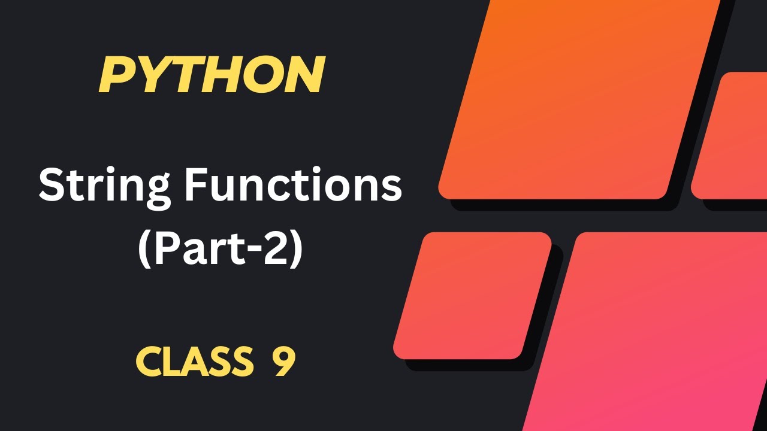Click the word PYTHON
pos(212,75)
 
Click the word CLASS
pos(194,362)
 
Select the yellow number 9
pos(285,362)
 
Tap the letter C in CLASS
pos(148,362)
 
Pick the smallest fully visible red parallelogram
pos(472,296)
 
